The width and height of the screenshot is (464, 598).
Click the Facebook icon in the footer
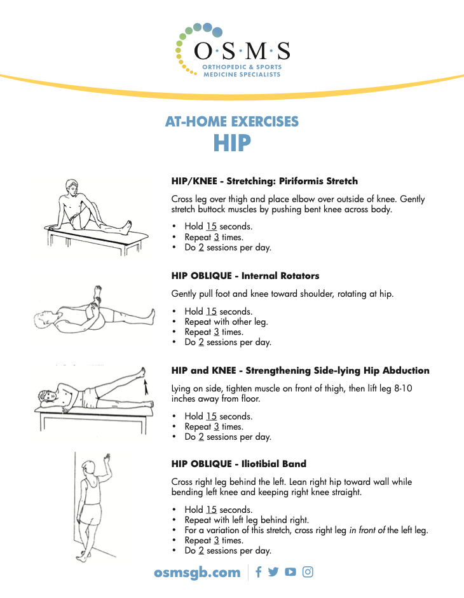pos(259,572)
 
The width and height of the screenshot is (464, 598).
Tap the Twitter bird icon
pos(273,572)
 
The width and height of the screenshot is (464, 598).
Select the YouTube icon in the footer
pos(290,572)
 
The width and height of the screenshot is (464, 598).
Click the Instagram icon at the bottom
pos(308,572)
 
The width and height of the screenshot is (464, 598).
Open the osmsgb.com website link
pos(197,573)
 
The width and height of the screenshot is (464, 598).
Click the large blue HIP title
pos(232,143)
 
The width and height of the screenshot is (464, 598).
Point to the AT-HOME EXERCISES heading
pos(232,121)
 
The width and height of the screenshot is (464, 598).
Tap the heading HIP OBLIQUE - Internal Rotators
pos(245,276)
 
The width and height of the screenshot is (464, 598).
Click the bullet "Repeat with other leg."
pos(226,322)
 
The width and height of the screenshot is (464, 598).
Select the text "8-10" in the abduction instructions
pos(402,388)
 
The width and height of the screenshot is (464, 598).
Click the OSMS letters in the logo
pos(242,51)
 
